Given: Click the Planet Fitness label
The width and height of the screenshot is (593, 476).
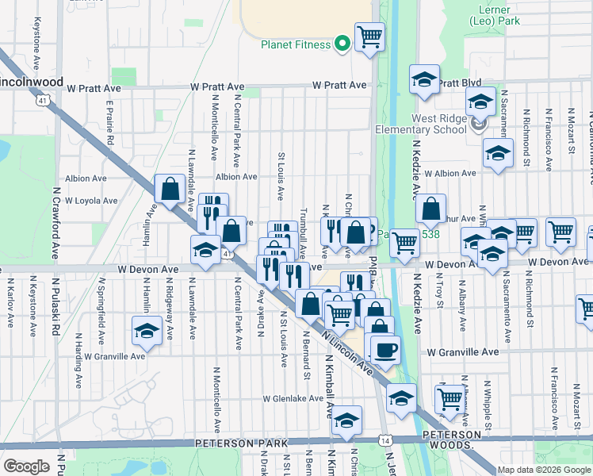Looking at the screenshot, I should (296, 44).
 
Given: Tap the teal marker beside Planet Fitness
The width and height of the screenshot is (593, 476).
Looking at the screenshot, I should (343, 44).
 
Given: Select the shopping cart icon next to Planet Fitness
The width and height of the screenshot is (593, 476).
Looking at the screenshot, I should (369, 36).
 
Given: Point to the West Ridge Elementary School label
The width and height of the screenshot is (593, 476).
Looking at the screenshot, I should (421, 125).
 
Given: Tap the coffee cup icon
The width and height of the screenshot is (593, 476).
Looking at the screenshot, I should (385, 349).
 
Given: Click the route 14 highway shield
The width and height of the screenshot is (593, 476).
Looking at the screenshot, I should (385, 439).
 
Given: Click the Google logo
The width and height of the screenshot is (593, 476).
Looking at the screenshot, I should (27, 466).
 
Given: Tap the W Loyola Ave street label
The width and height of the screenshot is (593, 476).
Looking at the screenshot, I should (91, 201).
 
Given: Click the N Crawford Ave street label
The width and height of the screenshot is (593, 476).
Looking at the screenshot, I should (55, 235).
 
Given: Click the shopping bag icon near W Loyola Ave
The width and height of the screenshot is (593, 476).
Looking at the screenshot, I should (170, 189).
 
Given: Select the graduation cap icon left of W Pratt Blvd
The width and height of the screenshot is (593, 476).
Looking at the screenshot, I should (424, 79).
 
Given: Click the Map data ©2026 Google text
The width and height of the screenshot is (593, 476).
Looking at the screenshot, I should (544, 470).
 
